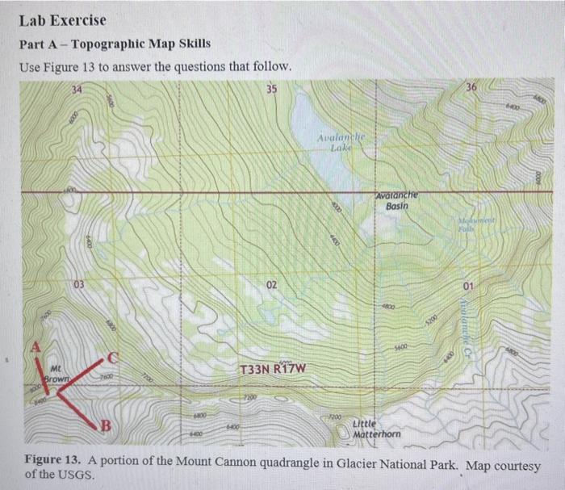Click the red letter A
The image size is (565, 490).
[35, 347]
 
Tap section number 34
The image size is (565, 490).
[76, 88]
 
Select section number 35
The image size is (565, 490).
[270, 88]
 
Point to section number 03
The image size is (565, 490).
[77, 285]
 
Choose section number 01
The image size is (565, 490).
[469, 287]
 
